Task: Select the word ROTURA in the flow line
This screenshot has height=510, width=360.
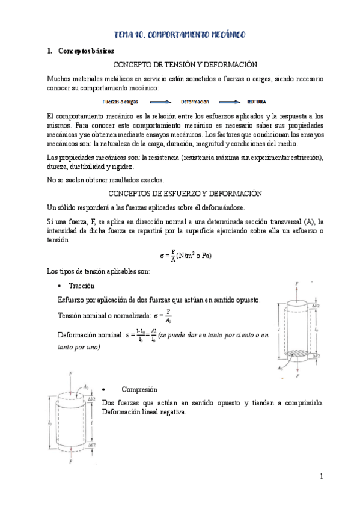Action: [x=256, y=102]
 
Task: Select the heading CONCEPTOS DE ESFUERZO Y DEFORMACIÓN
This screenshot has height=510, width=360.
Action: [x=185, y=193]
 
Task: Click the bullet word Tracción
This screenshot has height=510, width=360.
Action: [x=81, y=286]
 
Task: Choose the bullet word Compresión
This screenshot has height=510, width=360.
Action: [x=139, y=389]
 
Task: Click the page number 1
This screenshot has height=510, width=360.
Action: [x=322, y=476]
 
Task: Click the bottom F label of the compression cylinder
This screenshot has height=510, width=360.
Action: [x=70, y=463]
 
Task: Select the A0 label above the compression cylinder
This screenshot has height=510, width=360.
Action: [x=87, y=387]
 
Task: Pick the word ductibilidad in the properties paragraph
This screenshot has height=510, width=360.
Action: [x=97, y=167]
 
